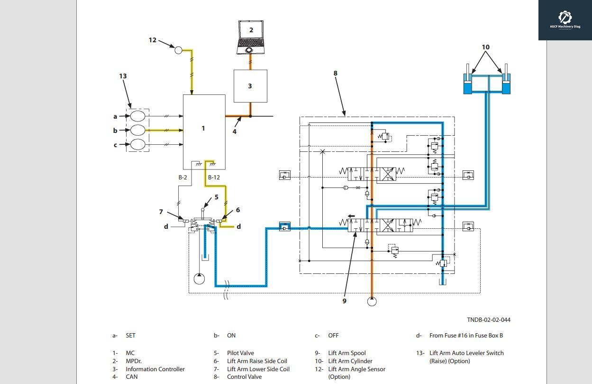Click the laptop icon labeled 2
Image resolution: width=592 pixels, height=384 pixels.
pyautogui.click(x=251, y=37)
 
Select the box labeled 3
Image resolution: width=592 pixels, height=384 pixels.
pyautogui.click(x=250, y=86)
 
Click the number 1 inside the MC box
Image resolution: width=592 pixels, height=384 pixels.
pyautogui.click(x=203, y=128)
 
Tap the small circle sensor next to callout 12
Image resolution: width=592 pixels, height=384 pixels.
pyautogui.click(x=179, y=50)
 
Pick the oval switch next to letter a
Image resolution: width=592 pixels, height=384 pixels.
pyautogui.click(x=137, y=116)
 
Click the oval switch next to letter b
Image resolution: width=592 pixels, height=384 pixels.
pyautogui.click(x=137, y=130)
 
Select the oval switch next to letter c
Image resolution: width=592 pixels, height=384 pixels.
pyautogui.click(x=137, y=144)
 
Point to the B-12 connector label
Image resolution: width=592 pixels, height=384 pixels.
pyautogui.click(x=214, y=178)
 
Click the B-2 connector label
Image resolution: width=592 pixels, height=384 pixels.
pyautogui.click(x=182, y=178)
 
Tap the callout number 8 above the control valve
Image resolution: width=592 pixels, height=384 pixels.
pyautogui.click(x=336, y=73)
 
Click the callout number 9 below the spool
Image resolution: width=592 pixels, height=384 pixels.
pyautogui.click(x=345, y=301)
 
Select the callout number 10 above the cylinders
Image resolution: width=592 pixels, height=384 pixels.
pyautogui.click(x=485, y=47)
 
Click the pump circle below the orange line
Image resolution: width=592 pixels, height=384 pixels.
pyautogui.click(x=372, y=301)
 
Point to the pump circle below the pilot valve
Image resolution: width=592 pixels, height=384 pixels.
pyautogui.click(x=200, y=279)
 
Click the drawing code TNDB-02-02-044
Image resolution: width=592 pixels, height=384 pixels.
pyautogui.click(x=488, y=320)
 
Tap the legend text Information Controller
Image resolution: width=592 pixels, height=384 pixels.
pyautogui.click(x=155, y=369)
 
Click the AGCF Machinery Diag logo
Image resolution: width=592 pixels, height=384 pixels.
pyautogui.click(x=565, y=20)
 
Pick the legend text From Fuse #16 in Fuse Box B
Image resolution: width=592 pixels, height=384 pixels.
pyautogui.click(x=466, y=336)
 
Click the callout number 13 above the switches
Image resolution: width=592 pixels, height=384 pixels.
pyautogui.click(x=123, y=76)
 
